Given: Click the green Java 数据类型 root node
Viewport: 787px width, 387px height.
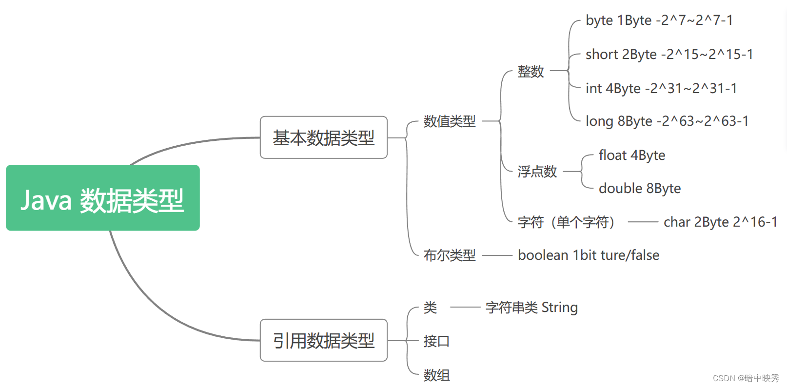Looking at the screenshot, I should point(102,198).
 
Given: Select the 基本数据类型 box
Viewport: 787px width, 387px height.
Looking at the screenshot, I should point(323,137).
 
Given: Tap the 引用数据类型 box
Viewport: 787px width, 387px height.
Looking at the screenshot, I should point(323,340).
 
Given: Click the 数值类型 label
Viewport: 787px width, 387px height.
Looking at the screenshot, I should point(449,121).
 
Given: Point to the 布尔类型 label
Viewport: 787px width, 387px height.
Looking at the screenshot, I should point(449,255).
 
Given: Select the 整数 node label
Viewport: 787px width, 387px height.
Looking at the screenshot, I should point(531,71).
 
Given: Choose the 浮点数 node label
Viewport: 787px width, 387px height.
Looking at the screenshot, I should point(537,171).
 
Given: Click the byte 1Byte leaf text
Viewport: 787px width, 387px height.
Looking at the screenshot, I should point(659,20).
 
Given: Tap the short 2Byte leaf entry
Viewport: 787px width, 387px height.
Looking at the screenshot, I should point(669,54).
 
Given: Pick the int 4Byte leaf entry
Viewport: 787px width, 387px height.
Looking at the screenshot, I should point(661,88).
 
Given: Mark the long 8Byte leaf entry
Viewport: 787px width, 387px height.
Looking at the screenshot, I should point(667,121).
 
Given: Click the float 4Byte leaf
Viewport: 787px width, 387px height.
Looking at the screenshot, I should point(631,155).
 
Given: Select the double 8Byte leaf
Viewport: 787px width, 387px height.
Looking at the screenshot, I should point(639,188).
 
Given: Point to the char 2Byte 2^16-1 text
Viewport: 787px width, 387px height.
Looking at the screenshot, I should point(720,222).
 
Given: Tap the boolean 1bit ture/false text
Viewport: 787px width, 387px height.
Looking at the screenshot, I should point(588,255).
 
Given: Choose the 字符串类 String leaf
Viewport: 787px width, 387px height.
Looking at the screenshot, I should point(531,307).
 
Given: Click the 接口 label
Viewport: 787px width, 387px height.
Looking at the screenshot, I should point(436,341).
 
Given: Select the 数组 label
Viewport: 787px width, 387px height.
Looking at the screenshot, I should point(436,375).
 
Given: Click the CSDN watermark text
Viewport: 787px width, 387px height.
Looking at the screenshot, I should point(746,378).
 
